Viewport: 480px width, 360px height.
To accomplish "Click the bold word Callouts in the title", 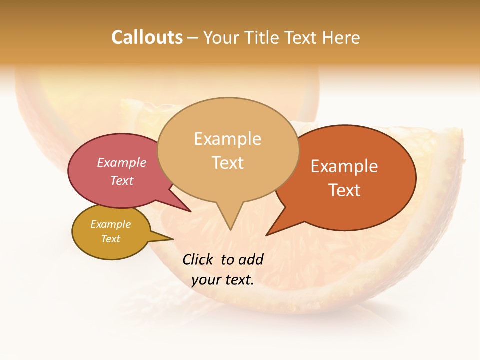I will (147, 37).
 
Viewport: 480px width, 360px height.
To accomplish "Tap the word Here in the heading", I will (341, 37).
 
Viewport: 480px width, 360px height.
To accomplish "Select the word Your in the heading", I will (221, 37).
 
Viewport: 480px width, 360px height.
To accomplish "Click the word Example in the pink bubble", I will (121, 162).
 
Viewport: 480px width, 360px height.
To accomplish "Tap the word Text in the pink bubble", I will (121, 180).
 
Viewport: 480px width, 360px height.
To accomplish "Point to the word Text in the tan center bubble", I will (227, 162).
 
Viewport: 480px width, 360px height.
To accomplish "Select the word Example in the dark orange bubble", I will (344, 166).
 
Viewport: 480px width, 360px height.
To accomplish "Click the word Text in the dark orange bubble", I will (344, 190).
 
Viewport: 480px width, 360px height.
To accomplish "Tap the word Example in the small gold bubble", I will (110, 224).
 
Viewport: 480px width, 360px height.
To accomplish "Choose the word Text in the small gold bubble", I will (110, 239).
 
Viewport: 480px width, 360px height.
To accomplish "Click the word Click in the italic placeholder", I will (198, 259).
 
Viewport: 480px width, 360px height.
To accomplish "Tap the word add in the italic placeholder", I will (251, 259).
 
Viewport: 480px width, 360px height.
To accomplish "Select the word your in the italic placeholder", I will (205, 280).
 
